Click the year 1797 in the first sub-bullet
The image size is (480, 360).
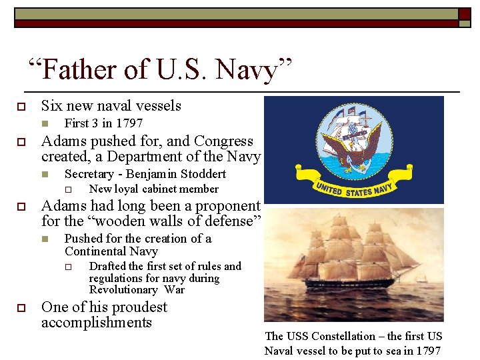click(129, 123)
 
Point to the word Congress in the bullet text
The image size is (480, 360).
click(223, 141)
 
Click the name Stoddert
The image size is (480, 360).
click(200, 174)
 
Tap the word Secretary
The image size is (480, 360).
click(91, 174)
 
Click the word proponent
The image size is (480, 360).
click(227, 206)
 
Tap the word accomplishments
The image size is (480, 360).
click(97, 323)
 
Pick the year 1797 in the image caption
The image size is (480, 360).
click(427, 351)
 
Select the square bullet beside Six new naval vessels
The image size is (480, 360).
click(21, 106)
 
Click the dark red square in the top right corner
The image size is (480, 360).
click(465, 13)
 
